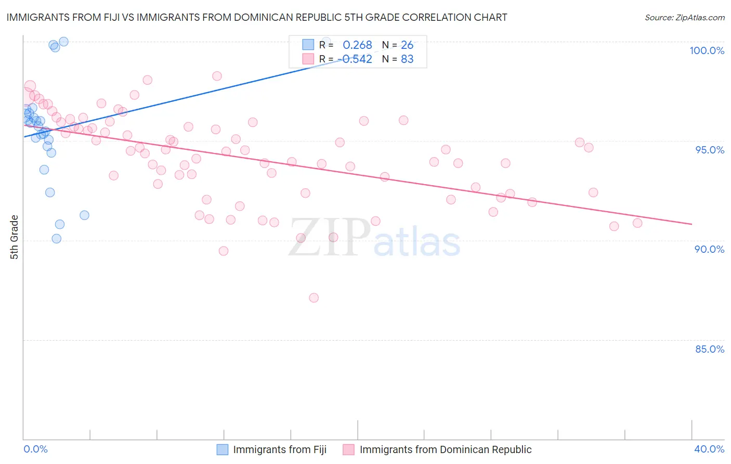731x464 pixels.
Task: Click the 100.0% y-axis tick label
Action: coord(707,50)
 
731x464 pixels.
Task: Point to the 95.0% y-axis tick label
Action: coord(709,150)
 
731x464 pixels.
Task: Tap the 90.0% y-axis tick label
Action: coord(709,249)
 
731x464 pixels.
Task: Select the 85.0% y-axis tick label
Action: coord(709,349)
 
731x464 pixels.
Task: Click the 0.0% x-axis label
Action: coord(35,449)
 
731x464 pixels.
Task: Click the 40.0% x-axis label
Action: coord(709,449)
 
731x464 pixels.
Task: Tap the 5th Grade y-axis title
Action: coord(15,237)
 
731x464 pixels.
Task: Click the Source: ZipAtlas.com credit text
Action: coord(684,18)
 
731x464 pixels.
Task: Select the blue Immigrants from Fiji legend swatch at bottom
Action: coord(223,449)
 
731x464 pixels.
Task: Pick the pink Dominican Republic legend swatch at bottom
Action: coord(348,449)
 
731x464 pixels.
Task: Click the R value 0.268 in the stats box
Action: coord(357,45)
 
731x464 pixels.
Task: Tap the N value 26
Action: coord(407,45)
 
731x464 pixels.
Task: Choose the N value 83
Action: coord(407,59)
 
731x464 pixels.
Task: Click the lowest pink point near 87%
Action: coord(314,298)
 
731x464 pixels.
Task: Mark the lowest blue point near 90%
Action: coord(57,239)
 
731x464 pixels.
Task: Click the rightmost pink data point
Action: coord(637,223)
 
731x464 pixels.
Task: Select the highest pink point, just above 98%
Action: coord(217,76)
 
